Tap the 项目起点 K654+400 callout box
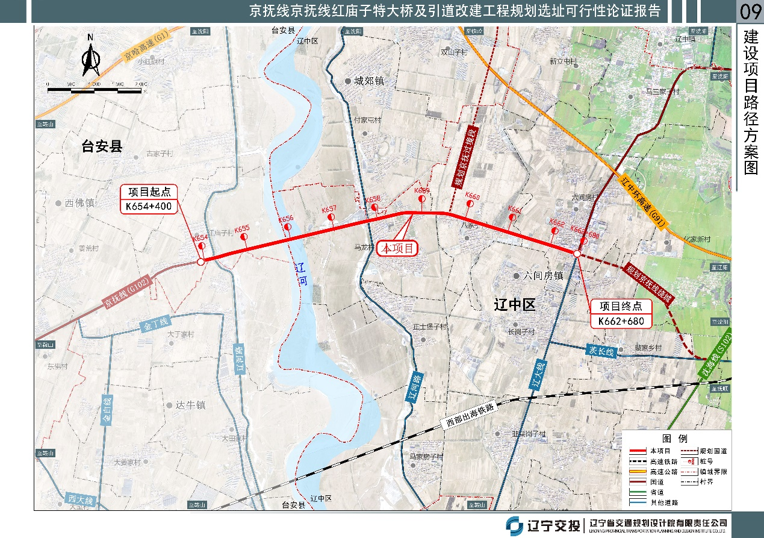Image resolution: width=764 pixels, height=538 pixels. click(x=149, y=199)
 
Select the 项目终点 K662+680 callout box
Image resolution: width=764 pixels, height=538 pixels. click(x=621, y=314)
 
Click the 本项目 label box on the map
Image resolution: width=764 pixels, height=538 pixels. click(x=397, y=248)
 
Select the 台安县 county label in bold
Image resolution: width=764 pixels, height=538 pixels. click(x=102, y=146)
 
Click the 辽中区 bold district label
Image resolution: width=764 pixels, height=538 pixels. click(x=514, y=305)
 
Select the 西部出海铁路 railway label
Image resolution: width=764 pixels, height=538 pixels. click(x=470, y=414)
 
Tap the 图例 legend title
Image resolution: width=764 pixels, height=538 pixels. click(x=674, y=439)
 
